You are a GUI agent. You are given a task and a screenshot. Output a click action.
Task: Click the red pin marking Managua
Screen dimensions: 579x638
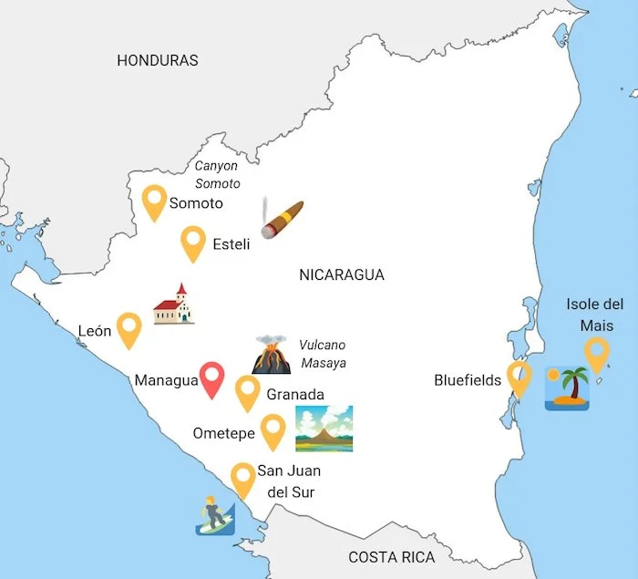tap(212, 377)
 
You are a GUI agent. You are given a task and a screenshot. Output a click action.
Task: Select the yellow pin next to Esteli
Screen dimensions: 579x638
tap(192, 242)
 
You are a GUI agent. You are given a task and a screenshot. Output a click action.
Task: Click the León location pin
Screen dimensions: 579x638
tap(129, 328)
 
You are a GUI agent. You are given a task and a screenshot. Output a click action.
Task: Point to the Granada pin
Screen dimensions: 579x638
tap(248, 390)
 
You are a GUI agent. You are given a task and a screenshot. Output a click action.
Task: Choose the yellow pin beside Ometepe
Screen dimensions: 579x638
tap(273, 429)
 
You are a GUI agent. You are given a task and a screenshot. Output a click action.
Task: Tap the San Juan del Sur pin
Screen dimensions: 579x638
tap(242, 478)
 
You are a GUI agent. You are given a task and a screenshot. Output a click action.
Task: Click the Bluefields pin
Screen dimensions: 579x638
tap(520, 377)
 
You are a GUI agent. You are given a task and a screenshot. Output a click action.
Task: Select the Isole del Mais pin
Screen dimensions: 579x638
tap(596, 353)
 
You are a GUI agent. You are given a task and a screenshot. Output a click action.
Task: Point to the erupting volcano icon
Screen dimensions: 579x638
tap(271, 354)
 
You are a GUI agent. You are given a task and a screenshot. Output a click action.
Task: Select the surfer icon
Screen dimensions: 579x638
tap(215, 514)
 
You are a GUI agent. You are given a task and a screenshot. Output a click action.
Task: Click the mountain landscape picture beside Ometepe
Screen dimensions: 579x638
tap(324, 429)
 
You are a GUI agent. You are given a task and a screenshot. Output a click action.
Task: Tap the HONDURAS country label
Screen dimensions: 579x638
tap(158, 60)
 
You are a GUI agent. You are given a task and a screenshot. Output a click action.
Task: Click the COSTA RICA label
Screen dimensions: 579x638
tap(392, 557)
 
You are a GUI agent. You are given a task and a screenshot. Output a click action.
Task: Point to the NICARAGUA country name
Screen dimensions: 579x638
tap(342, 274)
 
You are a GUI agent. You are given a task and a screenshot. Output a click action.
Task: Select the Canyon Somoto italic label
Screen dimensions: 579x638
tap(218, 174)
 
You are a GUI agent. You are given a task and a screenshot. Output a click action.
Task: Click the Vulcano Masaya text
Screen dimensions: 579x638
tap(324, 354)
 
